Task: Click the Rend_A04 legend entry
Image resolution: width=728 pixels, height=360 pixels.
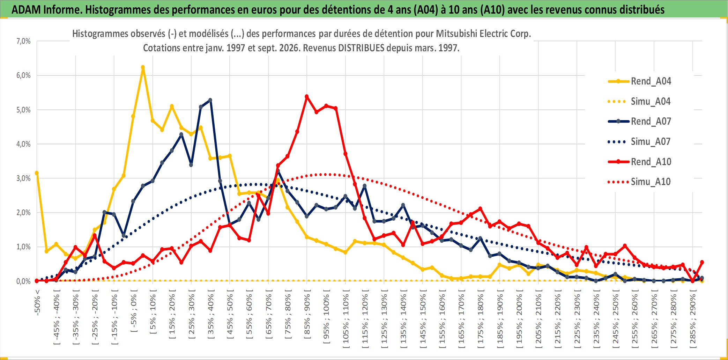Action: (x=639, y=81)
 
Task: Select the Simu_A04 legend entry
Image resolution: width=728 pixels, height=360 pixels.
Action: (x=639, y=102)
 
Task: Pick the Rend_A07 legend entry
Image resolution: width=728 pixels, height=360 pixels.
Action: (x=639, y=122)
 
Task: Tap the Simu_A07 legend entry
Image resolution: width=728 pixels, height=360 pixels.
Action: (x=639, y=142)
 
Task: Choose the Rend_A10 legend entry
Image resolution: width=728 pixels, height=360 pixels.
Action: (x=639, y=162)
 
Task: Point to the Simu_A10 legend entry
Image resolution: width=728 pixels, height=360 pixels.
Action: (x=639, y=182)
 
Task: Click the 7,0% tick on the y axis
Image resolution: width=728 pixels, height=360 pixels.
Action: (x=23, y=41)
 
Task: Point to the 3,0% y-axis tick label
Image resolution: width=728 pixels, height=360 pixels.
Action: (x=23, y=178)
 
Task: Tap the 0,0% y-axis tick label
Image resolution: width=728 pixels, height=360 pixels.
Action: (x=23, y=281)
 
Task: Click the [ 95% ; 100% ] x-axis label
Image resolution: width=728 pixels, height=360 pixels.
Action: (x=326, y=319)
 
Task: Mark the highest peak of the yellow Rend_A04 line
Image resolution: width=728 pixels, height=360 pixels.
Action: (x=143, y=67)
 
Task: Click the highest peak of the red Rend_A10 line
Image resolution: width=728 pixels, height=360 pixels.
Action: (x=307, y=97)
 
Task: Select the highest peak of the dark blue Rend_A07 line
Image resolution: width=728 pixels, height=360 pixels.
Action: (x=210, y=100)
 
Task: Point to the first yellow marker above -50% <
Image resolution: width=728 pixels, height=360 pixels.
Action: (x=37, y=173)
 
